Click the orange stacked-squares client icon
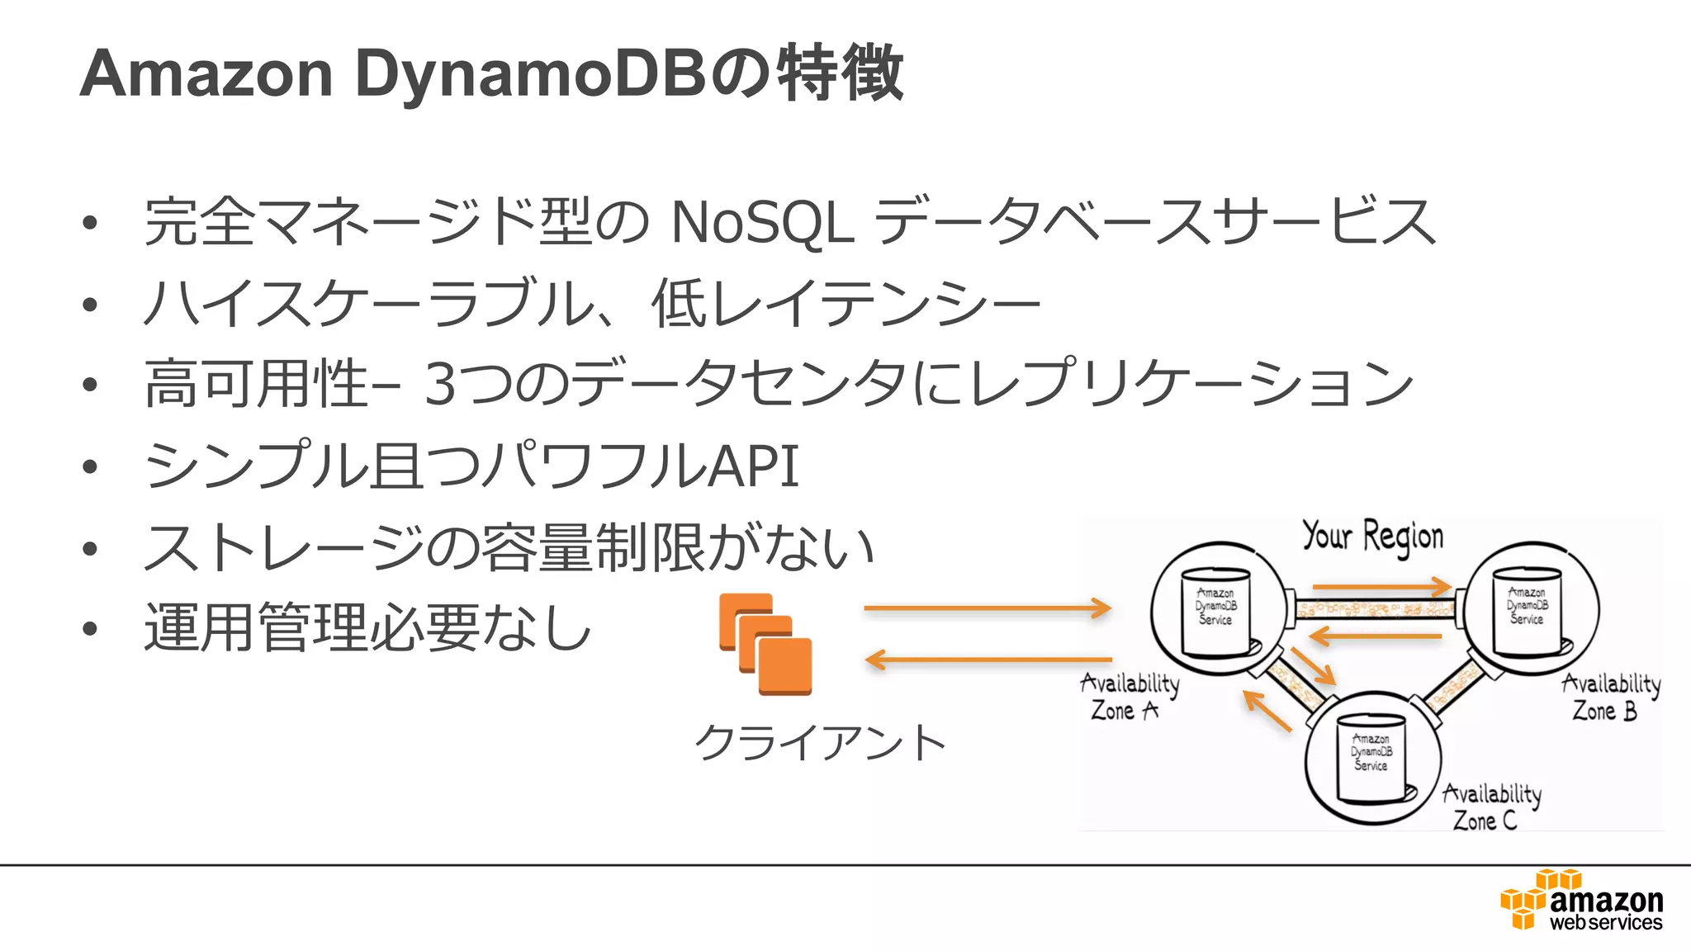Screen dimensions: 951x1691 coord(765,645)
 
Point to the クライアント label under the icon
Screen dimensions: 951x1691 coord(820,742)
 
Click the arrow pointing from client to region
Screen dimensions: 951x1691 coord(987,608)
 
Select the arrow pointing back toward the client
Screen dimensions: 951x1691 coord(987,660)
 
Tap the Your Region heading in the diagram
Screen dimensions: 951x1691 coord(1372,537)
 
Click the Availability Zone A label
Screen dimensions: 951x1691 coord(1129,697)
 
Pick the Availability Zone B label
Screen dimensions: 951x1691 coord(1609,697)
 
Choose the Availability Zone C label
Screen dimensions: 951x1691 coord(1490,807)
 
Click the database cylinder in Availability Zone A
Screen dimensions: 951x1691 coord(1215,611)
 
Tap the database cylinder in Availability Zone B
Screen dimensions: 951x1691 coord(1527,611)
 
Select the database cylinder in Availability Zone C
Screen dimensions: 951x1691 coord(1371,757)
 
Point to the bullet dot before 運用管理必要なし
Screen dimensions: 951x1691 coord(90,629)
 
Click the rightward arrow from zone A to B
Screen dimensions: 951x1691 coord(1381,587)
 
